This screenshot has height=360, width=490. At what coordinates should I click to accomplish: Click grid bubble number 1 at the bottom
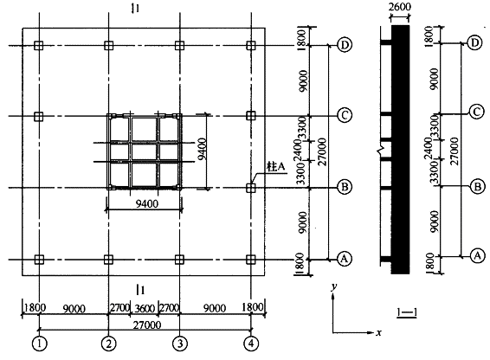tap(39, 343)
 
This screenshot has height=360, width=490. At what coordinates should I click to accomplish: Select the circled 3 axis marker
tap(180, 344)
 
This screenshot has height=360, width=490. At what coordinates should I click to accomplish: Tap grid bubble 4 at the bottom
tap(251, 344)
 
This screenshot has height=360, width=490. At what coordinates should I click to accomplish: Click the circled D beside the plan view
tap(345, 45)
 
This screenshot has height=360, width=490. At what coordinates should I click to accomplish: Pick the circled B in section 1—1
tap(478, 187)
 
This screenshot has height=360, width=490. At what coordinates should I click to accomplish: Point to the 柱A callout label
tap(276, 166)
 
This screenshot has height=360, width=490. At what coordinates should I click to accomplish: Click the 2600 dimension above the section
tap(400, 7)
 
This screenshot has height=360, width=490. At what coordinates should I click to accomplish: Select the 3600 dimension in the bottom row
tap(144, 309)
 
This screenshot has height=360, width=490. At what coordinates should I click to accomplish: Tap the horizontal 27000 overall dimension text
tap(147, 325)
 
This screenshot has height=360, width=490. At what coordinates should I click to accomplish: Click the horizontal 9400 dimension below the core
tap(147, 203)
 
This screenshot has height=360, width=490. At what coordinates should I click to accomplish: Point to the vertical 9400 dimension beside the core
tap(203, 149)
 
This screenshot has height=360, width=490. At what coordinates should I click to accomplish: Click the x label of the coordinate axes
tap(378, 333)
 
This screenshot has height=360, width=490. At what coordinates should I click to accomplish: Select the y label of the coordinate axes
tap(334, 286)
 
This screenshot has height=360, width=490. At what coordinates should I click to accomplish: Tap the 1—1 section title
tap(407, 312)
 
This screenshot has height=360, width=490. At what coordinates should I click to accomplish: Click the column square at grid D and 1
tap(39, 46)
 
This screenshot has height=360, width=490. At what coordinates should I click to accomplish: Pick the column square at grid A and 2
tap(108, 260)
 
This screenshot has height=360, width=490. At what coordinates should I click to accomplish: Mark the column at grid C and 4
tap(251, 116)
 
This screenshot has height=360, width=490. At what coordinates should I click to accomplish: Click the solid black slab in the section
tap(400, 150)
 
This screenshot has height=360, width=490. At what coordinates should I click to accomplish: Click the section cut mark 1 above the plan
tap(135, 9)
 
